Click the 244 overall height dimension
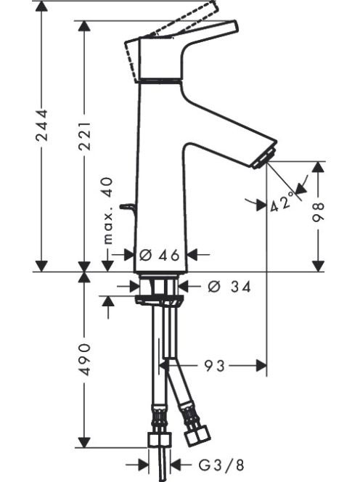pyautogui.click(x=41, y=125)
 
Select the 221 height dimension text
pyautogui.click(x=84, y=136)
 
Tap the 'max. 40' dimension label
pyautogui.click(x=107, y=211)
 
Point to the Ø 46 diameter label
pyautogui.click(x=159, y=255)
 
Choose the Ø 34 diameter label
pyautogui.click(x=229, y=287)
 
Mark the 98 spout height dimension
pyautogui.click(x=318, y=212)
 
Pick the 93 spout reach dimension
pyautogui.click(x=215, y=366)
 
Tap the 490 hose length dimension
pyautogui.click(x=84, y=359)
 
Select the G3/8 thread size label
pyautogui.click(x=221, y=465)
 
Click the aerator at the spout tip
pyautogui.click(x=264, y=158)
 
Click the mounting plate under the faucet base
pyautogui.click(x=159, y=299)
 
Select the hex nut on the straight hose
pyautogui.click(x=159, y=439)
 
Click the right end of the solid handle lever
pyautogui.click(x=237, y=26)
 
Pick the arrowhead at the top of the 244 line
pyautogui.click(x=41, y=7)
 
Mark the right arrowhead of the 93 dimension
pyautogui.click(x=261, y=366)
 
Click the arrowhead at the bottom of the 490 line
pyautogui.click(x=84, y=442)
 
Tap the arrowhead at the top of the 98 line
pyautogui.click(x=318, y=167)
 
